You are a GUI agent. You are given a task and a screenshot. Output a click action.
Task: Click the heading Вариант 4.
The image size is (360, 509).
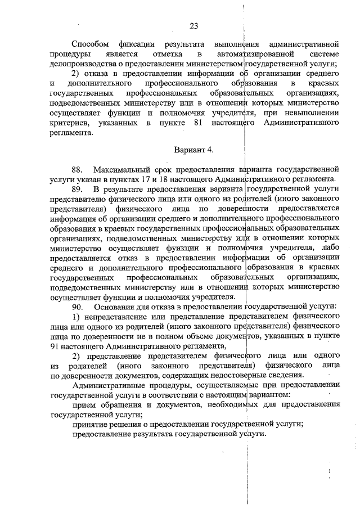pyautogui.click(x=193, y=150)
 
